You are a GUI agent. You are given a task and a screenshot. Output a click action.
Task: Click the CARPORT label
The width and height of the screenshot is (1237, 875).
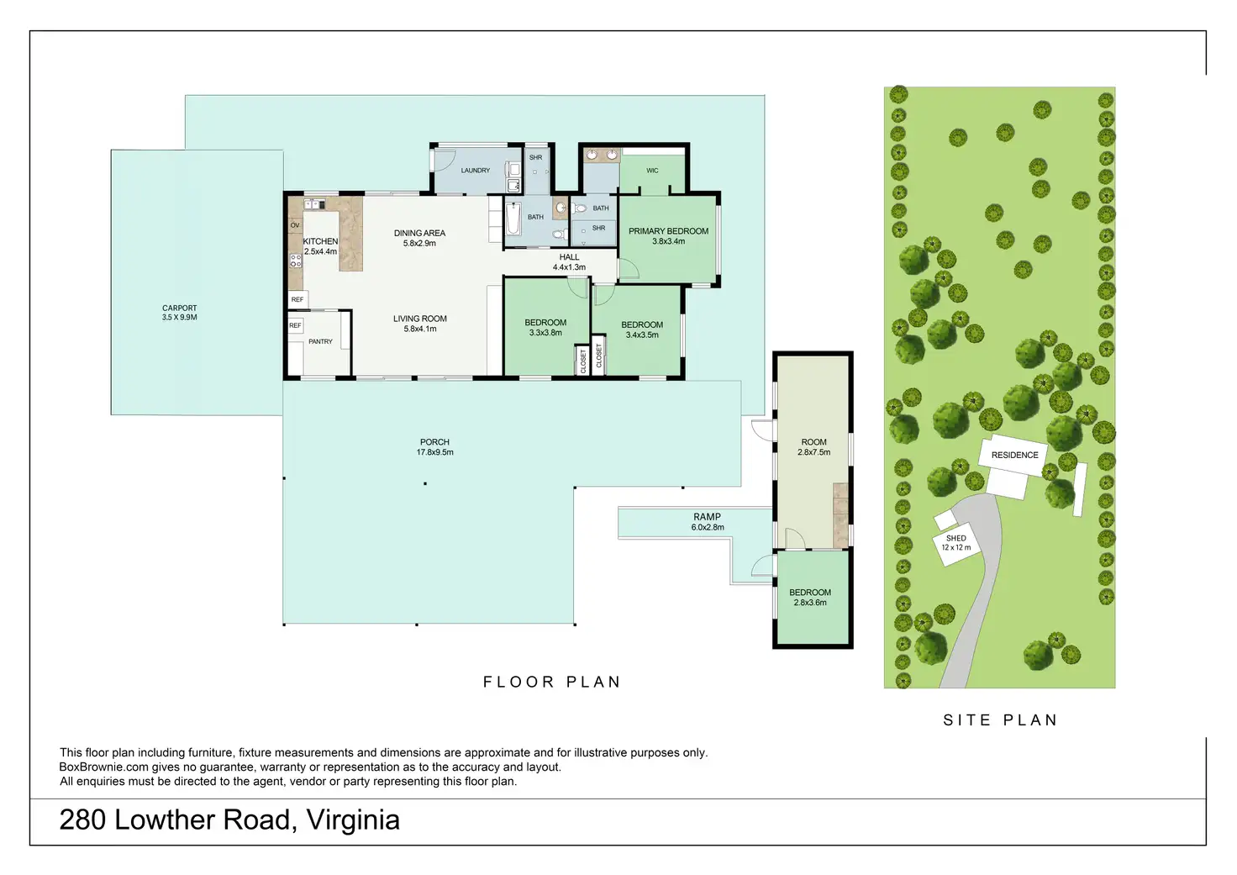coord(180,308)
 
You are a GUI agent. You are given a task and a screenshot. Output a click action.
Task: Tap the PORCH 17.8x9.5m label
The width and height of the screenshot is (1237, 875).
coord(434,447)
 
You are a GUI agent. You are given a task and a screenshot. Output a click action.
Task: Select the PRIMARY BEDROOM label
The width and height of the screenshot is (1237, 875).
coord(668,231)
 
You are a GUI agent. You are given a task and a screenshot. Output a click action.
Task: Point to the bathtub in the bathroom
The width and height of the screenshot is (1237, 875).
coord(513,219)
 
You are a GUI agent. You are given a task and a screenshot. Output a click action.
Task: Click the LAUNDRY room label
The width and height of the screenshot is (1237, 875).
coord(476,171)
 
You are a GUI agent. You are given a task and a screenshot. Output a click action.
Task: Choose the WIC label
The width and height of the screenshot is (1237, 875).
coord(652,171)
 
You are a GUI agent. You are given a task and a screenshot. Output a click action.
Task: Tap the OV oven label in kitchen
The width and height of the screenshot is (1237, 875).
coord(295,225)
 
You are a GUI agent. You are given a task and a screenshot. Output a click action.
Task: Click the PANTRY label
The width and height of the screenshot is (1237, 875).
coord(320,341)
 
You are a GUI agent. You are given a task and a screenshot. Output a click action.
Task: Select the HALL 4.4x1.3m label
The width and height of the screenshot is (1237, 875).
coord(570,262)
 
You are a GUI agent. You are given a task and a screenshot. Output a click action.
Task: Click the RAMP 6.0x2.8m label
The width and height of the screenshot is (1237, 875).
coord(708,522)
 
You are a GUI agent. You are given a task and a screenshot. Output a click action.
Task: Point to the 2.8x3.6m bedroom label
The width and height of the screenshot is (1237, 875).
coord(810,597)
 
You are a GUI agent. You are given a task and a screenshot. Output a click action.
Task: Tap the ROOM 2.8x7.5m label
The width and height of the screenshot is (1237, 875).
coord(814,447)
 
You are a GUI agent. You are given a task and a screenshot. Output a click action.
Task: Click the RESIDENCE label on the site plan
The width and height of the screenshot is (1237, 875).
coord(1015,456)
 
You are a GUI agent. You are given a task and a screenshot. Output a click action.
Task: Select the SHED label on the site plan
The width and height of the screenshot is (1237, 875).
coord(956,539)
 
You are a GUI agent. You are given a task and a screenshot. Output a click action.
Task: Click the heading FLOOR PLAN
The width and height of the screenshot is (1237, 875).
coord(552,683)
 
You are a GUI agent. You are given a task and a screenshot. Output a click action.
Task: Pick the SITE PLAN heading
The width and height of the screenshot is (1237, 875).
coord(1000,720)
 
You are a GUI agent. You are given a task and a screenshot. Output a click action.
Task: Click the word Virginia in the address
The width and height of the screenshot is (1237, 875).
coord(353,820)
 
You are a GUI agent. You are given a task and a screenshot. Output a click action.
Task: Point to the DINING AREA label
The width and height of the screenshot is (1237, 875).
coord(419,233)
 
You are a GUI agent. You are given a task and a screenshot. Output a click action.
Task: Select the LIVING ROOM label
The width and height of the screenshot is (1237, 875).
coord(420,319)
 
